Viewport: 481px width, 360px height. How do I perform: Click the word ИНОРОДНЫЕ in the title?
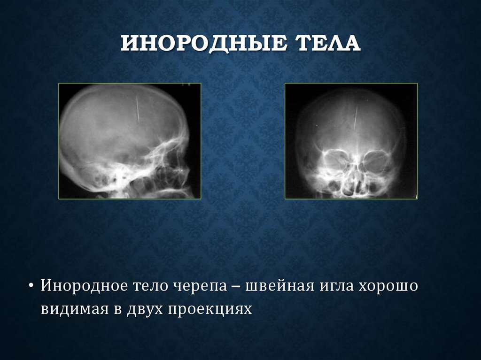(202, 45)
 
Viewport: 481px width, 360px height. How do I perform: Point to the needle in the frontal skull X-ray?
(356, 118)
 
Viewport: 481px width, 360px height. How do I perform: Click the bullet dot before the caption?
(31, 286)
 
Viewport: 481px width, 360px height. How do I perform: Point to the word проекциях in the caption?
(210, 309)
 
